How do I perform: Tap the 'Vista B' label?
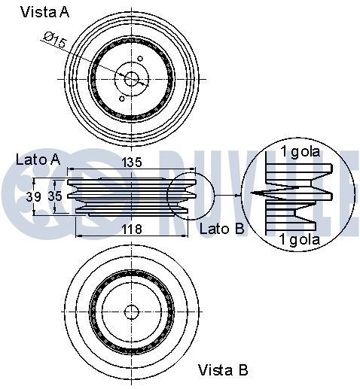(x=223, y=369)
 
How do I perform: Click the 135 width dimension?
(x=132, y=162)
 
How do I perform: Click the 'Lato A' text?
(x=38, y=160)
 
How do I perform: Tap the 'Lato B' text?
(x=221, y=228)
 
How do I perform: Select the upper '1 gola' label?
(x=300, y=152)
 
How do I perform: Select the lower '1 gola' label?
(x=300, y=239)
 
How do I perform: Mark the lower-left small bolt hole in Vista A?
(x=122, y=97)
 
